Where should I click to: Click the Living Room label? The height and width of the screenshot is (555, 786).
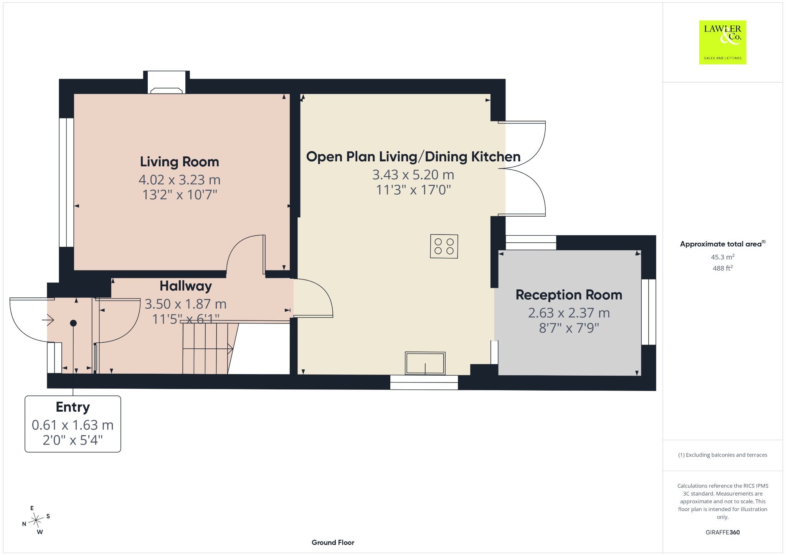click(x=179, y=162)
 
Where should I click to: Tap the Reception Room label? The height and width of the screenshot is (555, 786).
click(x=569, y=295)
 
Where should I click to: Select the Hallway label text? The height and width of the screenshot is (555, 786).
click(x=186, y=286)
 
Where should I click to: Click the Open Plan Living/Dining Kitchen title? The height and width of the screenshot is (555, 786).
click(x=413, y=157)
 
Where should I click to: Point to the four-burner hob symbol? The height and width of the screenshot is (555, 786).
click(x=444, y=246)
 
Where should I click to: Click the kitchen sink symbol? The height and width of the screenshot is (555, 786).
click(x=425, y=363)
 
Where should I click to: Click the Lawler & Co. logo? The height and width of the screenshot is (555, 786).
click(x=723, y=42)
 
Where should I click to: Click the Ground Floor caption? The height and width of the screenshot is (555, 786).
click(x=333, y=542)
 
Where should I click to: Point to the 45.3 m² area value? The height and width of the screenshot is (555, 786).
click(x=723, y=257)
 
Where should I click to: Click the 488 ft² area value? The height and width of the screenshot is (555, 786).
click(x=723, y=268)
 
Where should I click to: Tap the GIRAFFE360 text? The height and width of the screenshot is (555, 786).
click(x=723, y=532)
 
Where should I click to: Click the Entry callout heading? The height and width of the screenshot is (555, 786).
click(x=73, y=407)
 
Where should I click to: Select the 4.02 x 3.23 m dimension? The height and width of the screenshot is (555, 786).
click(x=179, y=179)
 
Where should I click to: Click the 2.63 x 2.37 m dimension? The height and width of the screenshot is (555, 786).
click(x=569, y=313)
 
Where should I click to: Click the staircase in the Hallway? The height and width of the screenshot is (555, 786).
click(x=207, y=348)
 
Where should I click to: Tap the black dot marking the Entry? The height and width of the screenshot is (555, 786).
click(x=73, y=323)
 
